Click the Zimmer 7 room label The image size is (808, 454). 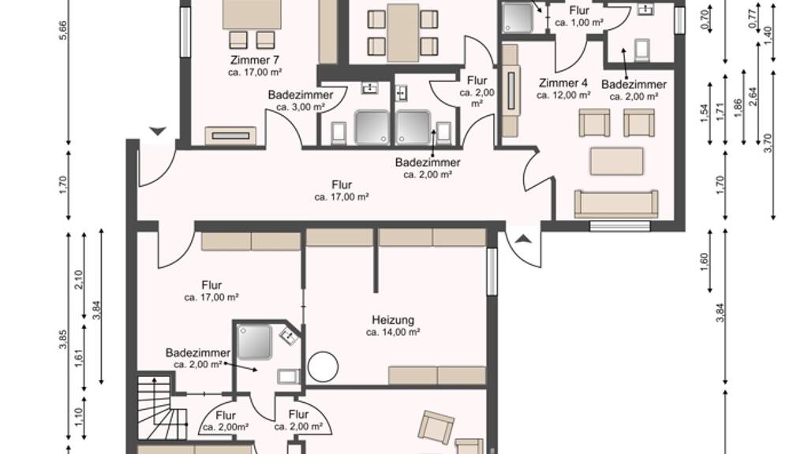pos(255,60)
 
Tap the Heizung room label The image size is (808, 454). pos(393,320)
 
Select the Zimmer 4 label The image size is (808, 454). pos(563,83)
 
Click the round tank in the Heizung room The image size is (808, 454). pos(323,367)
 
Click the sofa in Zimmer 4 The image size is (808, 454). pos(616,204)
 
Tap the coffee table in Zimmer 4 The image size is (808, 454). pos(616,162)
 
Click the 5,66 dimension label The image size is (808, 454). pos(63,33)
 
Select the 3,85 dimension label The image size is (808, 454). pos(63,339)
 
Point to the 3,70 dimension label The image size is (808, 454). pos(769,143)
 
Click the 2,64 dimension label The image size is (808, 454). pos(753,97)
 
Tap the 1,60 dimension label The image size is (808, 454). pos(705,262)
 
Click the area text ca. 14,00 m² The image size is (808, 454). pos(393,333)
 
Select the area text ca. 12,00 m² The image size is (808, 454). pos(563,95)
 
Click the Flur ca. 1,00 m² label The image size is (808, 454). pos(579,17)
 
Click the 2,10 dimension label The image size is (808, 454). pos(79,281)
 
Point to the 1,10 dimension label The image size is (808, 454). pos(79,417)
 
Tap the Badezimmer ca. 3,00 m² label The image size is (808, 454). pos(301,101)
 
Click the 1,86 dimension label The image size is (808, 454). pos(738,108)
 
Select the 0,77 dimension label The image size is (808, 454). pos(753,19)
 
